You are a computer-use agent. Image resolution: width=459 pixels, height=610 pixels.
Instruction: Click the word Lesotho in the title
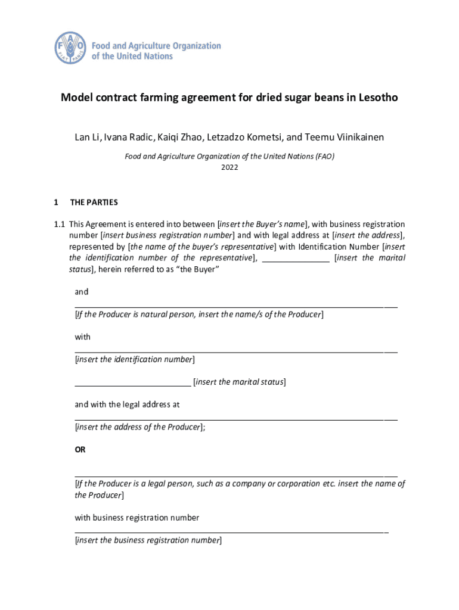tap(374, 98)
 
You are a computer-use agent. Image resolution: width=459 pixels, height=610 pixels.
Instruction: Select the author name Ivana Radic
tap(129, 138)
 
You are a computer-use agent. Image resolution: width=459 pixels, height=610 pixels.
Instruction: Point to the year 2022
tap(229, 168)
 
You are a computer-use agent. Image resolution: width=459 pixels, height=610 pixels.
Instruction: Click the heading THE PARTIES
tap(94, 203)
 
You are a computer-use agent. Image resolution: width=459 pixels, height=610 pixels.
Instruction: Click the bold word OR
tap(80, 450)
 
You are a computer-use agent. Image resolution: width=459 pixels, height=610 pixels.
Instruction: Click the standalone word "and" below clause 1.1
tap(82, 292)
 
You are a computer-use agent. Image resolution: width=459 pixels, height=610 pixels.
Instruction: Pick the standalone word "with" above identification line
tap(83, 337)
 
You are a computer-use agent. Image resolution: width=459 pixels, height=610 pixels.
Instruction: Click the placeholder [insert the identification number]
tap(135, 360)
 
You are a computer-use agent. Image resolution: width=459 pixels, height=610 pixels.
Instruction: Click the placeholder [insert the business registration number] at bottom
tap(148, 540)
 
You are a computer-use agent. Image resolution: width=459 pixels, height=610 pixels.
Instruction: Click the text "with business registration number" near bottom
tap(137, 518)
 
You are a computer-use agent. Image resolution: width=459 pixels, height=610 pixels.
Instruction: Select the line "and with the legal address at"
tap(128, 405)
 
